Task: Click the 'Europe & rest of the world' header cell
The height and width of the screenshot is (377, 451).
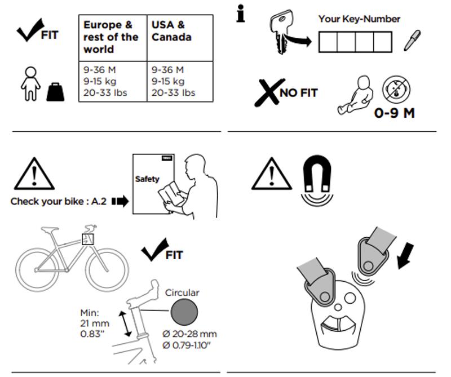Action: [112, 38]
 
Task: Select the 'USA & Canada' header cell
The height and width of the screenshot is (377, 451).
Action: [172, 32]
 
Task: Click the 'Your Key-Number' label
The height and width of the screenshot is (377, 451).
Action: [359, 19]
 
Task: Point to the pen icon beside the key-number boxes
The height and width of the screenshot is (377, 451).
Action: [412, 41]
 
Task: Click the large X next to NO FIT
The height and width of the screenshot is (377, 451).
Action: [266, 92]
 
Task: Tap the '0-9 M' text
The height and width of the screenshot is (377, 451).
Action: [394, 113]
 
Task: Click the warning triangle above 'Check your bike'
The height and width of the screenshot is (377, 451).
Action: [34, 175]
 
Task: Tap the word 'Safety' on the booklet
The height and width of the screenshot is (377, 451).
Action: [147, 179]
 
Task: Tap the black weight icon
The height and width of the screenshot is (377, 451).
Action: [55, 91]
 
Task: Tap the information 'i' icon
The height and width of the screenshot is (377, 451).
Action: [241, 15]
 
